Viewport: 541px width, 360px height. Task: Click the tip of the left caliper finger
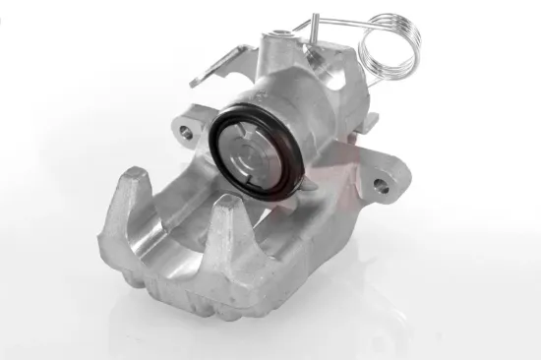[136, 178]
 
